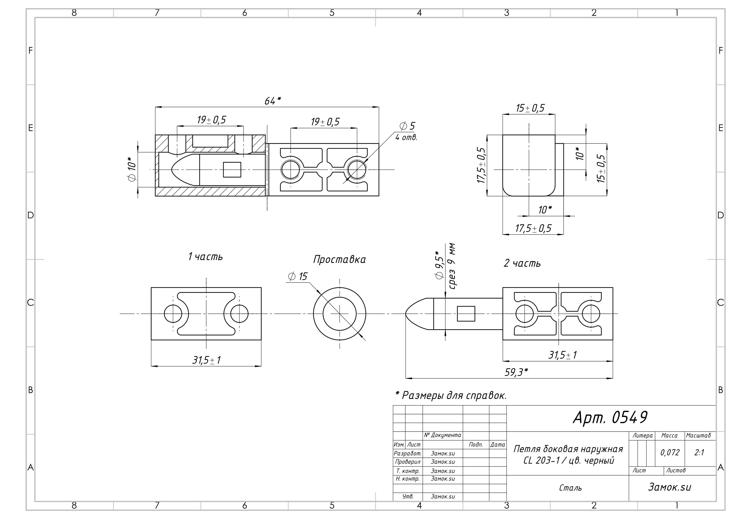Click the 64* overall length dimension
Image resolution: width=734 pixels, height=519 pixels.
tap(272, 101)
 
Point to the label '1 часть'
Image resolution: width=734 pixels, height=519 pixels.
tap(205, 257)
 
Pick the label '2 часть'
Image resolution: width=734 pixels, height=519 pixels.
tap(522, 263)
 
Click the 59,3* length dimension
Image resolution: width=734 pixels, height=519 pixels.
tap(516, 372)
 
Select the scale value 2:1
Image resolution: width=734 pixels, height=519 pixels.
tap(699, 452)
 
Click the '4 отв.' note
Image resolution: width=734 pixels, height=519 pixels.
tap(406, 138)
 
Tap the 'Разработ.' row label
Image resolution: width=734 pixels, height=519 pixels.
tap(408, 453)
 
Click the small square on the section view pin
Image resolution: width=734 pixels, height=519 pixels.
tap(232, 170)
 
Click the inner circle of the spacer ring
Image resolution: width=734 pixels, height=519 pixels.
tap(339, 314)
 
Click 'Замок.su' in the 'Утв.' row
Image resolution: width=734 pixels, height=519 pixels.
tap(443, 497)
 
